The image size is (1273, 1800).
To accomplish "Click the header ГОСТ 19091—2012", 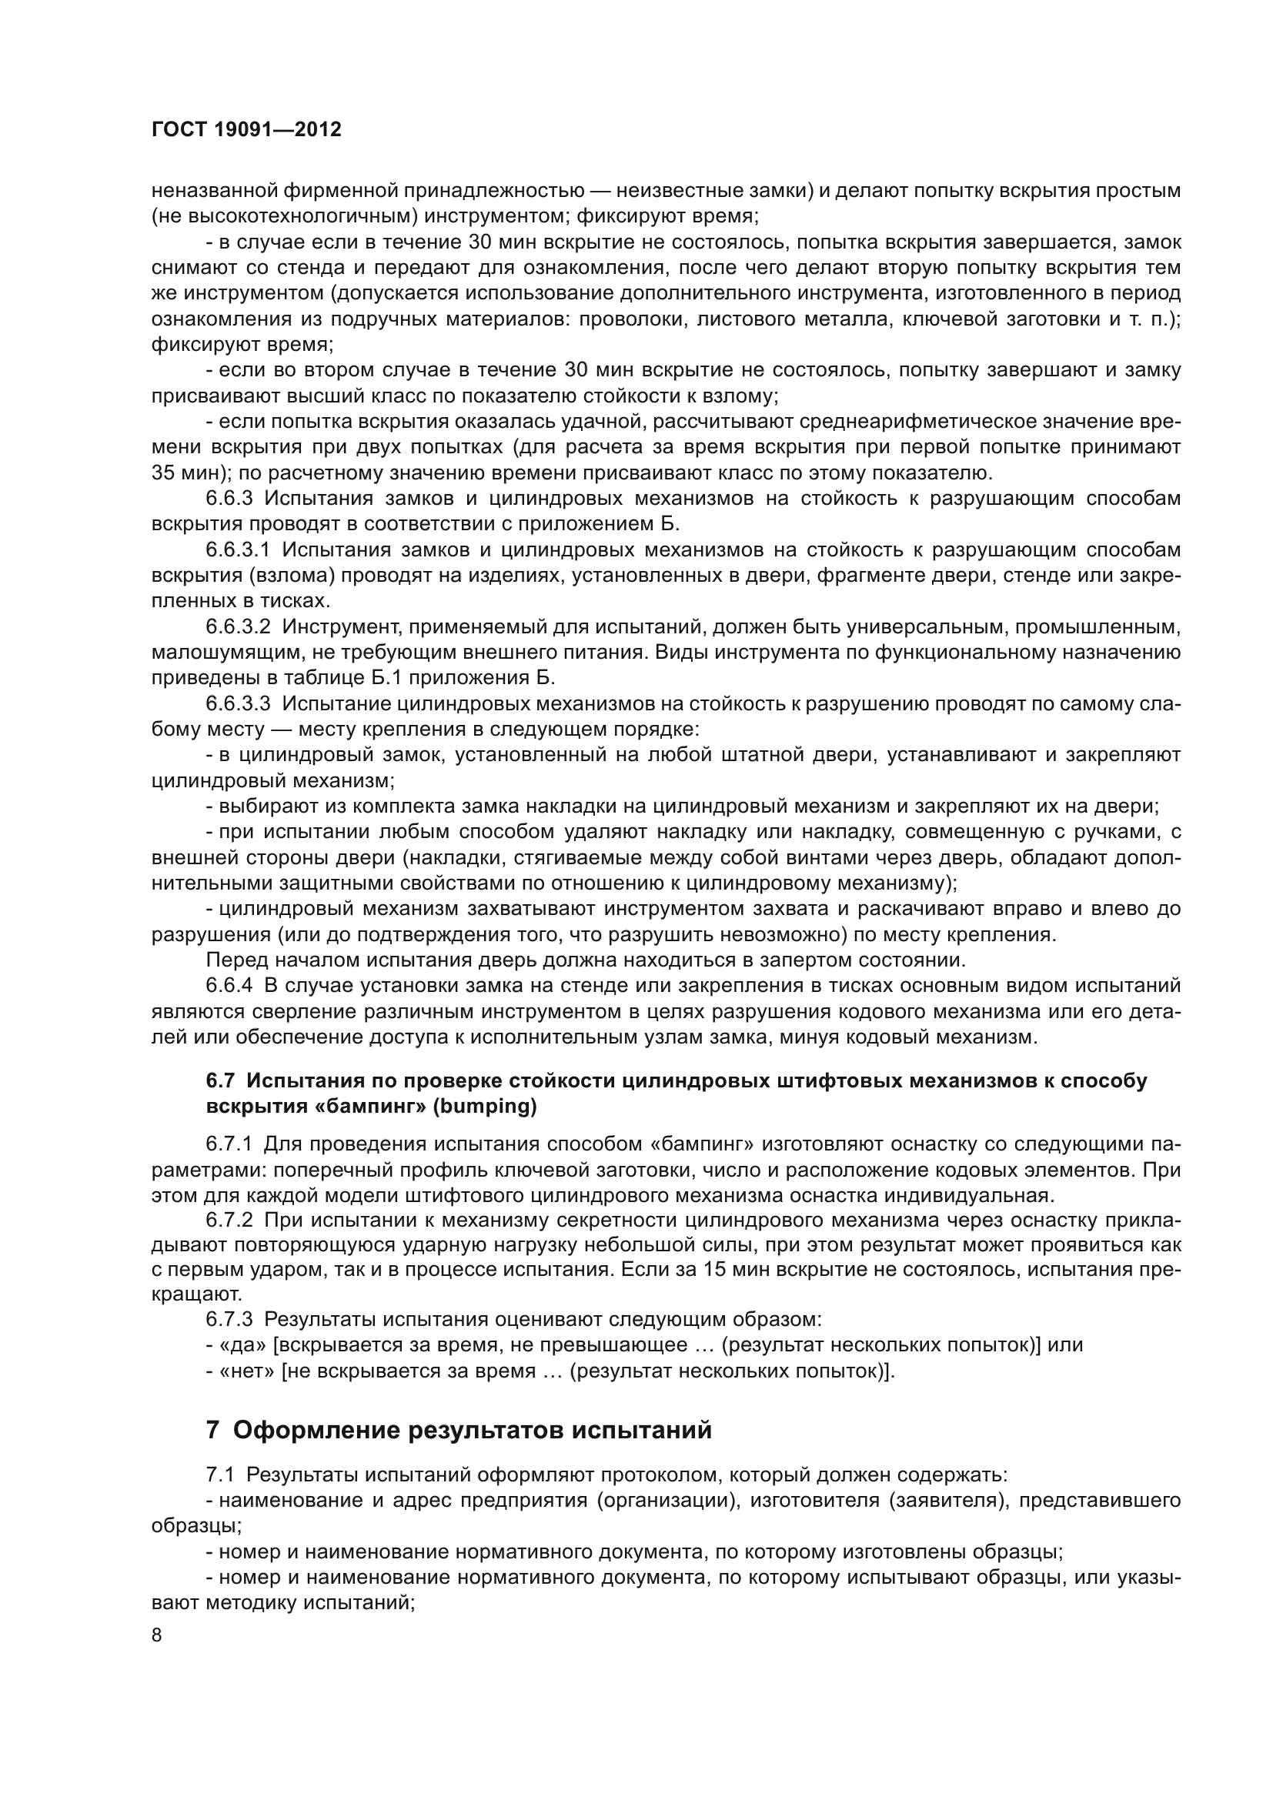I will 246,130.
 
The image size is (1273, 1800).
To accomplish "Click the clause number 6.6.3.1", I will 238,550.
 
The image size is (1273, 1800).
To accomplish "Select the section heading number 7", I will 212,1430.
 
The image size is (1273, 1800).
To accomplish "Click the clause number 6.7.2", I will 229,1221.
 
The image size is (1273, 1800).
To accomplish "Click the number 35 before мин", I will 162,473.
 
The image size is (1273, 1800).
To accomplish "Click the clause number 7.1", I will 220,1474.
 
